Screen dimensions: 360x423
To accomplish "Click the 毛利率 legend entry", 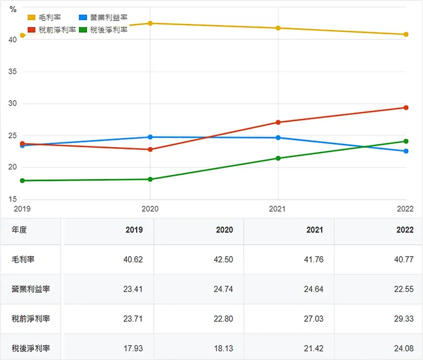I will (49, 18).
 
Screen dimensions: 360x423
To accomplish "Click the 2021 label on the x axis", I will (278, 209).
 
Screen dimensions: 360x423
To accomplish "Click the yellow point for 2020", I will (150, 23).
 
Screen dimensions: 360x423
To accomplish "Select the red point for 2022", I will (406, 107).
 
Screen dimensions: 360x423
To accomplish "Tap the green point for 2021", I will (278, 158).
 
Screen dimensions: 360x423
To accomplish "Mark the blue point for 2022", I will (406, 151).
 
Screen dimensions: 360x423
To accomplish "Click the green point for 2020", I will (150, 179).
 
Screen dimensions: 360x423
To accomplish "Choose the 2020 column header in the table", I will (224, 230).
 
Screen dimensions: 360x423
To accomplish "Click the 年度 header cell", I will (19, 230).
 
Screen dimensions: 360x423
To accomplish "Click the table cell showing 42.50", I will (224, 259).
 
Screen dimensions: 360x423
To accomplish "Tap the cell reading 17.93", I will (133, 348).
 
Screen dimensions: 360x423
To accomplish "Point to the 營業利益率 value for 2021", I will (314, 289).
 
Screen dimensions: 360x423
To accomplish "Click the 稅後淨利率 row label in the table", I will (30, 348).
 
